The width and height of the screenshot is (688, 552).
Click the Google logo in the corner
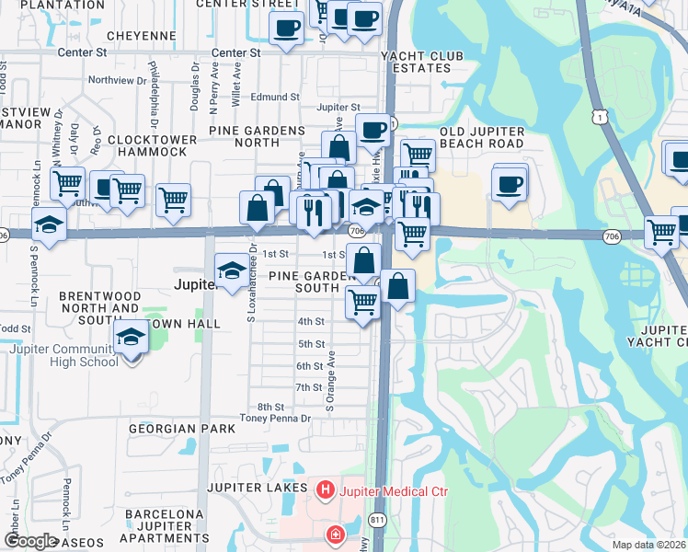tap(29, 541)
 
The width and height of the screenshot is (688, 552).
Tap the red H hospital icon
tap(325, 491)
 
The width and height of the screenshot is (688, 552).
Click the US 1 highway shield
tap(600, 115)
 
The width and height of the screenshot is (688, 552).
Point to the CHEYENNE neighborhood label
tap(141, 36)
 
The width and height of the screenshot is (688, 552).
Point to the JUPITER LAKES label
tap(258, 487)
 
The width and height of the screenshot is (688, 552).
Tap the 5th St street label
tap(311, 344)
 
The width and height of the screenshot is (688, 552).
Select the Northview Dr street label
tap(117, 80)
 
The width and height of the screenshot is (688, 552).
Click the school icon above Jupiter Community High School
tap(132, 337)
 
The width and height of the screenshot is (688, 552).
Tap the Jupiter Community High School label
tap(64, 355)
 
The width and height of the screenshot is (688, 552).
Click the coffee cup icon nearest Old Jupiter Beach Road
tap(509, 183)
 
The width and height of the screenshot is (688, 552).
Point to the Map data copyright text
tap(648, 545)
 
